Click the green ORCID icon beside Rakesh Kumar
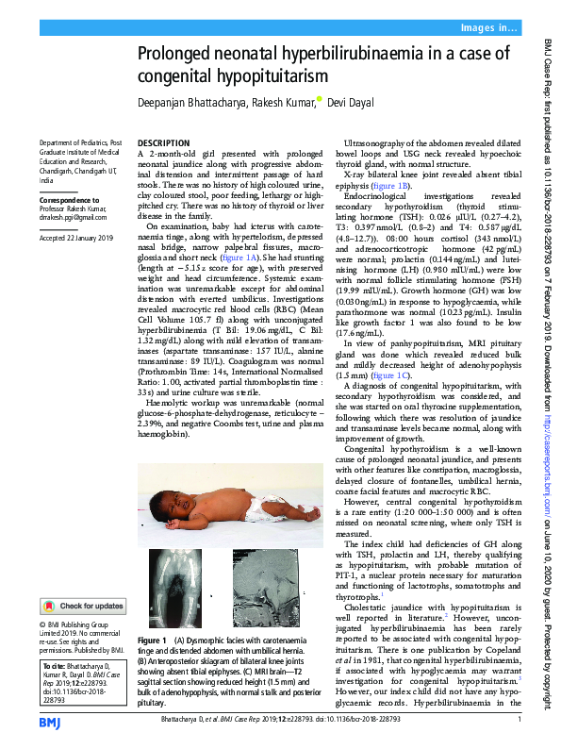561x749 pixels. pyautogui.click(x=319, y=99)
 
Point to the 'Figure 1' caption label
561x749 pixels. pyautogui.click(x=151, y=640)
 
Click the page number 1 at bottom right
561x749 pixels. pyautogui.click(x=520, y=721)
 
